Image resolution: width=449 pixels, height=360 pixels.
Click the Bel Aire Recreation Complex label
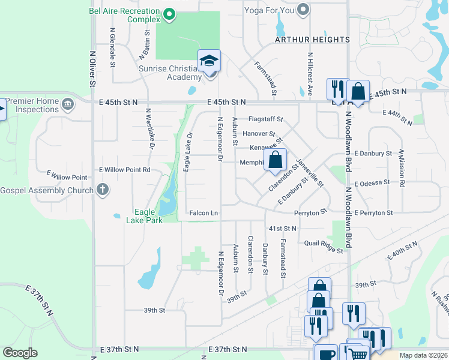124,15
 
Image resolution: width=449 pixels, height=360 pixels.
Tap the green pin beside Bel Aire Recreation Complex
169,13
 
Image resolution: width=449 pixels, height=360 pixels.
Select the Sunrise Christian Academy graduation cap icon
209,61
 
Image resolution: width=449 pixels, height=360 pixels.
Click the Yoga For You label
270,10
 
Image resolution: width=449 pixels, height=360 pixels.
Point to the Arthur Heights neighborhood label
312,40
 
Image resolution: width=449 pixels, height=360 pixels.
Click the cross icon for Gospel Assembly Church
103,190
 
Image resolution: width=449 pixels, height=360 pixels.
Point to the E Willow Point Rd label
125,170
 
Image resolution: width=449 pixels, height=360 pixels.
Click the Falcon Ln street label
203,213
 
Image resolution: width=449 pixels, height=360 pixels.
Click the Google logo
20,353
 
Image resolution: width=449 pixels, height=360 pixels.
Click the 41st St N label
283,229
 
